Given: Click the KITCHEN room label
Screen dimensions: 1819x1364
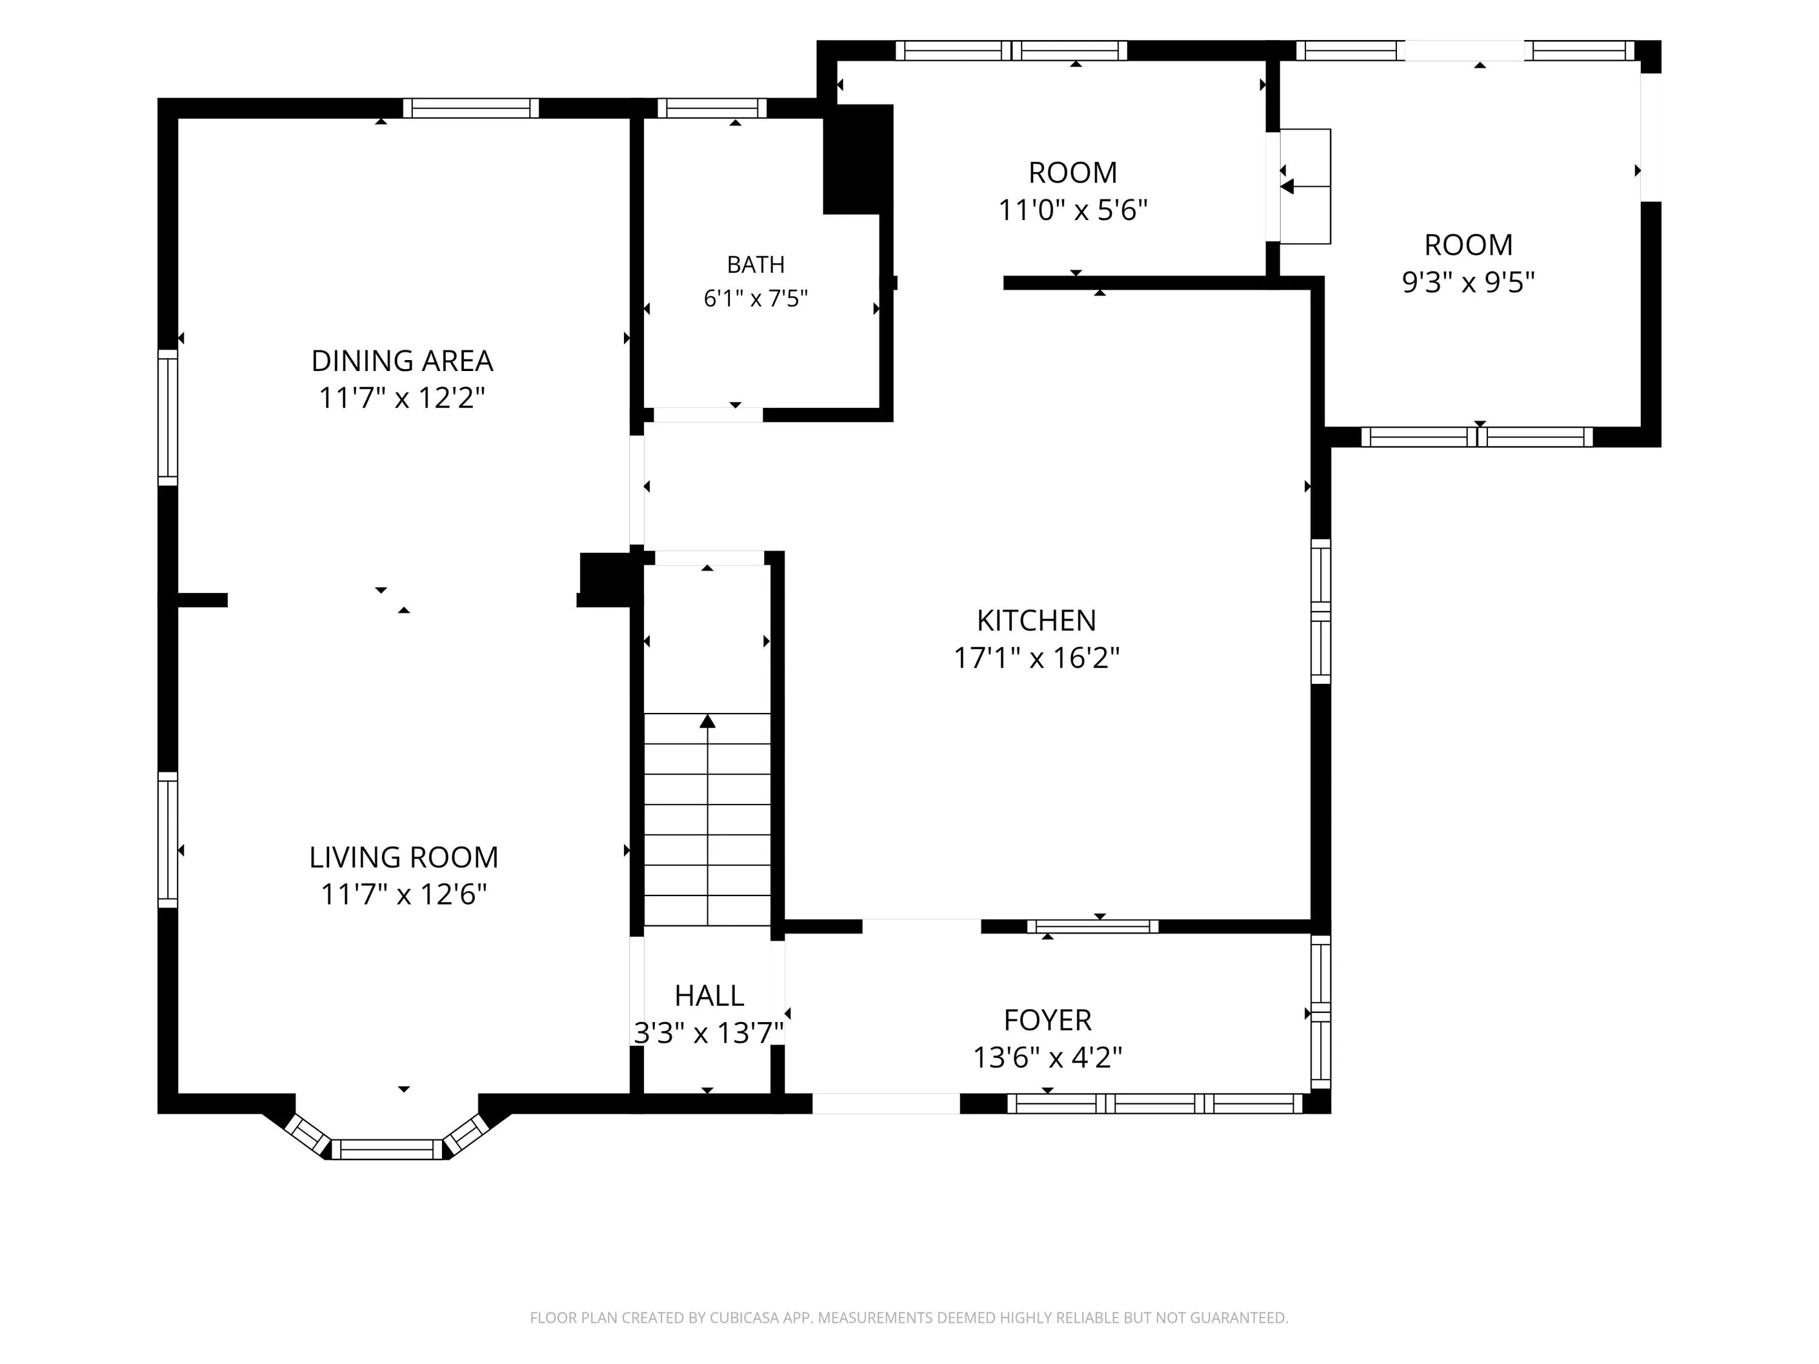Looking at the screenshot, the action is pos(1036,620).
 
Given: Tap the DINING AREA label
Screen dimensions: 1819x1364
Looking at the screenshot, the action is pos(402,360).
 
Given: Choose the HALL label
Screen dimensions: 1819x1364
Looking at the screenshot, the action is pos(709,995).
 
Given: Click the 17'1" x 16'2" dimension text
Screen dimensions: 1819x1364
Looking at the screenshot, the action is pos(1036,658).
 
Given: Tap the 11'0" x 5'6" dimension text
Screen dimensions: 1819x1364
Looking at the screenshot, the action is pos(1073,210).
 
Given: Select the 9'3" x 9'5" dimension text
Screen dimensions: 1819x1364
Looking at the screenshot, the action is pos(1468,282).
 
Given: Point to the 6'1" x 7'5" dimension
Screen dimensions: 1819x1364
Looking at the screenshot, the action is pos(755,298).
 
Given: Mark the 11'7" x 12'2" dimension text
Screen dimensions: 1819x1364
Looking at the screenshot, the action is pos(402,397).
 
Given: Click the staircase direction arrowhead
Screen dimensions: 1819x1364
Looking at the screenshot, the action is pos(707,721).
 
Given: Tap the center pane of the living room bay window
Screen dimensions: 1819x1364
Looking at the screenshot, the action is pos(386,1149).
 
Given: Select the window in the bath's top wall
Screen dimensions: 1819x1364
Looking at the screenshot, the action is pos(712,108).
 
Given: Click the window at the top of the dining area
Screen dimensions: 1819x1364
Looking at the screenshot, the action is pos(471,108).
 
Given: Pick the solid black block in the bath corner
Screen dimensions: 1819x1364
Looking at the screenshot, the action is pos(858,159).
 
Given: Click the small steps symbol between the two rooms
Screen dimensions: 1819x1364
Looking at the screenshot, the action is pos(1305,186).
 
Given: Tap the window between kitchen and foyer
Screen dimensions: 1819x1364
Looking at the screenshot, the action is pos(1093,926).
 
